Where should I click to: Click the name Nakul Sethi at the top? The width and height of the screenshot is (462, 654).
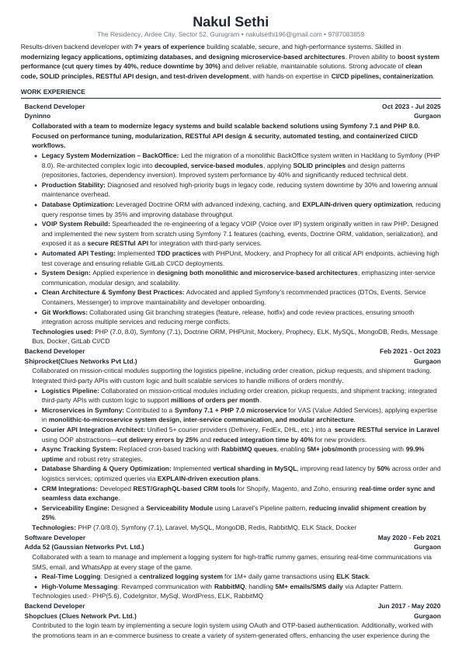coord(231,21)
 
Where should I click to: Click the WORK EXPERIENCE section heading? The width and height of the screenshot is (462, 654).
coord(54,92)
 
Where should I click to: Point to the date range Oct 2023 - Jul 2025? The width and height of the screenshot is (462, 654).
coord(411,106)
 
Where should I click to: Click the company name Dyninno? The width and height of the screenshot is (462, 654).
coord(38,115)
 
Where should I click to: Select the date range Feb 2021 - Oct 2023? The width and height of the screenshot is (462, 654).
coord(410,352)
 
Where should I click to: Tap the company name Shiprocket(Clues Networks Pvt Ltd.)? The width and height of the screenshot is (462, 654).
coord(81,361)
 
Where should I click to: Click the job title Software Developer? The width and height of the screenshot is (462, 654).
coord(55,537)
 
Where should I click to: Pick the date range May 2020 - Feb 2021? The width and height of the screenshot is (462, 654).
coord(409,537)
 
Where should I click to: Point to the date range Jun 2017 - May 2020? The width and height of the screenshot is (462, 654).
coord(409,605)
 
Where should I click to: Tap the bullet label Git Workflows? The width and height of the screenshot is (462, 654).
coord(65,312)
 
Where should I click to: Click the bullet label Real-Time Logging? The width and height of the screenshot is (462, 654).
coord(70,577)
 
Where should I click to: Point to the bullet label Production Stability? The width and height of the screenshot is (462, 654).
coord(73,185)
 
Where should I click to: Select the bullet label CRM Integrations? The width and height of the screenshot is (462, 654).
coord(70,489)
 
